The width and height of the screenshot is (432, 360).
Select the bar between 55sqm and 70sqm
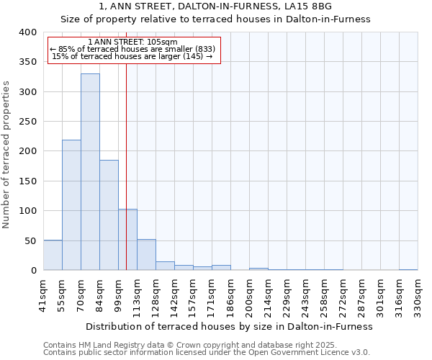click(71, 205)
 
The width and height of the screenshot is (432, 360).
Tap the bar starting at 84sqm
click(109, 215)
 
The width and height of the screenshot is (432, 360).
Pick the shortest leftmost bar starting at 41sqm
click(53, 255)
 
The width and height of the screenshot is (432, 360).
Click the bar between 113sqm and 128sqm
click(146, 255)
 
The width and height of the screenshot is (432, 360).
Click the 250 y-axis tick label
click(27, 122)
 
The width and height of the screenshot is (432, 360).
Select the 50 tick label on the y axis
click(30, 240)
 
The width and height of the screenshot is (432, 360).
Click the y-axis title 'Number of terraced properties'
click(6, 154)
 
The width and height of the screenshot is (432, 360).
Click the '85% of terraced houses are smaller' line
click(132, 49)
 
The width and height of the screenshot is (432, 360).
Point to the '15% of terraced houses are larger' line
click(132, 56)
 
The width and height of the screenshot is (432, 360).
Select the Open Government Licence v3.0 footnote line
click(207, 352)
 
